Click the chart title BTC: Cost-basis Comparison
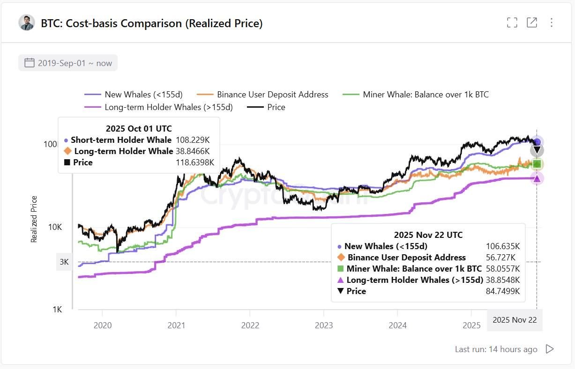[151, 23]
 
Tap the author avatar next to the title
[27, 22]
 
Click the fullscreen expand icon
[512, 22]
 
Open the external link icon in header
[532, 22]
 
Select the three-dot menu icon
[552, 22]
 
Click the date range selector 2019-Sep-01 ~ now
[68, 63]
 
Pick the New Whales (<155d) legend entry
[134, 95]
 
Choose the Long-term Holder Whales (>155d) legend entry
[159, 107]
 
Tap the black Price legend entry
[267, 107]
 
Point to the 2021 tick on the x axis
[176, 325]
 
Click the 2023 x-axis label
[324, 325]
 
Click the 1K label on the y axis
[57, 310]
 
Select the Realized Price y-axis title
[34, 219]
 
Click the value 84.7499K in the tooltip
[502, 291]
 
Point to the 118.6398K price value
[195, 162]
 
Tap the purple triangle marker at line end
[537, 178]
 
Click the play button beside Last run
[550, 349]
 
